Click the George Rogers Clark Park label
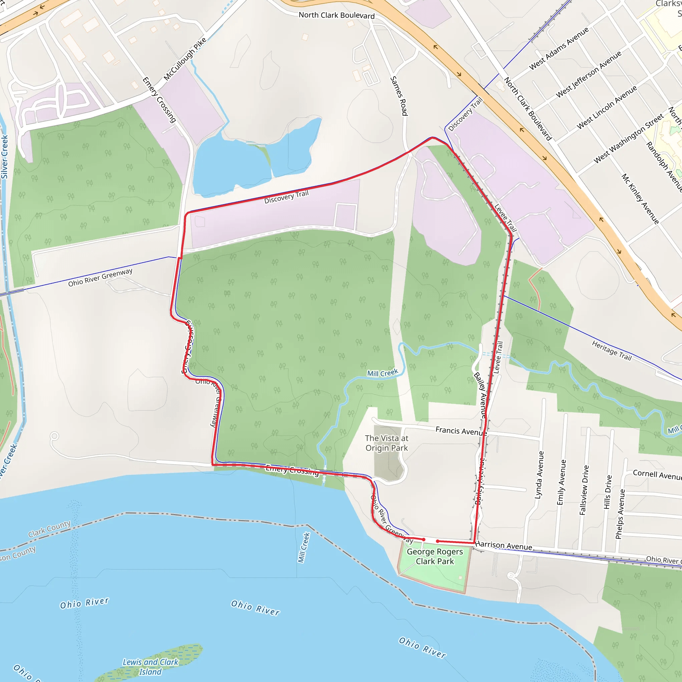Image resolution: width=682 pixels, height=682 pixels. click(x=435, y=556)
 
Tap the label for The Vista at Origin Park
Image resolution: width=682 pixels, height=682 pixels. click(x=387, y=443)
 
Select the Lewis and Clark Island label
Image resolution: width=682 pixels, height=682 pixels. click(x=151, y=666)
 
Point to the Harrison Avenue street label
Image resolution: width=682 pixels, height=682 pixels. click(x=504, y=546)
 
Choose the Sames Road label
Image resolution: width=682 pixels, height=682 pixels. click(x=399, y=96)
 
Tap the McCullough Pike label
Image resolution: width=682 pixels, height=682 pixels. click(x=184, y=59)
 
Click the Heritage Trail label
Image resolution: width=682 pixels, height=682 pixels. click(x=612, y=350)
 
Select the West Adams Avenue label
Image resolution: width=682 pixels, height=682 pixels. click(x=559, y=48)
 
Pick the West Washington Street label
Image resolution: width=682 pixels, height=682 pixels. click(x=629, y=139)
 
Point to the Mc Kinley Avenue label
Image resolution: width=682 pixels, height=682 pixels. click(x=640, y=199)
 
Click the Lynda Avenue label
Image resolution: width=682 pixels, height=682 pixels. click(x=539, y=475)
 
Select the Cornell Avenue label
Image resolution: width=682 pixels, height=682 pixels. click(x=657, y=475)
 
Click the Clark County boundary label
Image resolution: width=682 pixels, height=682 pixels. click(x=49, y=529)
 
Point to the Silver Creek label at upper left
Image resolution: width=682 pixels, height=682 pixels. click(x=4, y=157)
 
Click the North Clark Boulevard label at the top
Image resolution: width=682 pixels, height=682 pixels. click(x=336, y=15)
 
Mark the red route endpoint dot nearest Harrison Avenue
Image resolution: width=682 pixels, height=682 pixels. click(x=438, y=541)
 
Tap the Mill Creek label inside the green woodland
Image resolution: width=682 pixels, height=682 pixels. click(x=382, y=373)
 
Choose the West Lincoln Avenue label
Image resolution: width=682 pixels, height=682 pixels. click(x=606, y=107)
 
